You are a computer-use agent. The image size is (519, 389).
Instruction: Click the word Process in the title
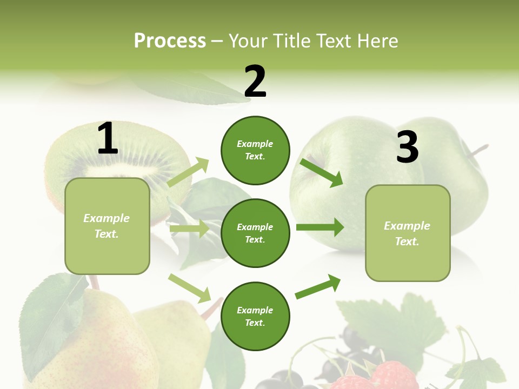pos(170,41)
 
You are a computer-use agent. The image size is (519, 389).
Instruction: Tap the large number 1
pos(108,139)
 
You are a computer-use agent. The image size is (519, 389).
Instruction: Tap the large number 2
pos(255,82)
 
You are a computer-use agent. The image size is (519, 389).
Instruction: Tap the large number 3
pos(407,147)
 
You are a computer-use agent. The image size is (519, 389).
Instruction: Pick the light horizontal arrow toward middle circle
pos(189,229)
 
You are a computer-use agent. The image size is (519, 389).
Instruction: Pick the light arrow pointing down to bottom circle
pos(190,288)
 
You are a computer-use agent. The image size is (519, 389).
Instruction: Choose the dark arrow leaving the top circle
pos(322,172)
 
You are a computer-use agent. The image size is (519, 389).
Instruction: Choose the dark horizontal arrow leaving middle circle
pos(320,227)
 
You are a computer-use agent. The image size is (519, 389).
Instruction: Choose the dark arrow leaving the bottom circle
pos(318,286)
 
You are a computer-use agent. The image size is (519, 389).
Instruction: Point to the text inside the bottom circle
pos(255,317)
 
